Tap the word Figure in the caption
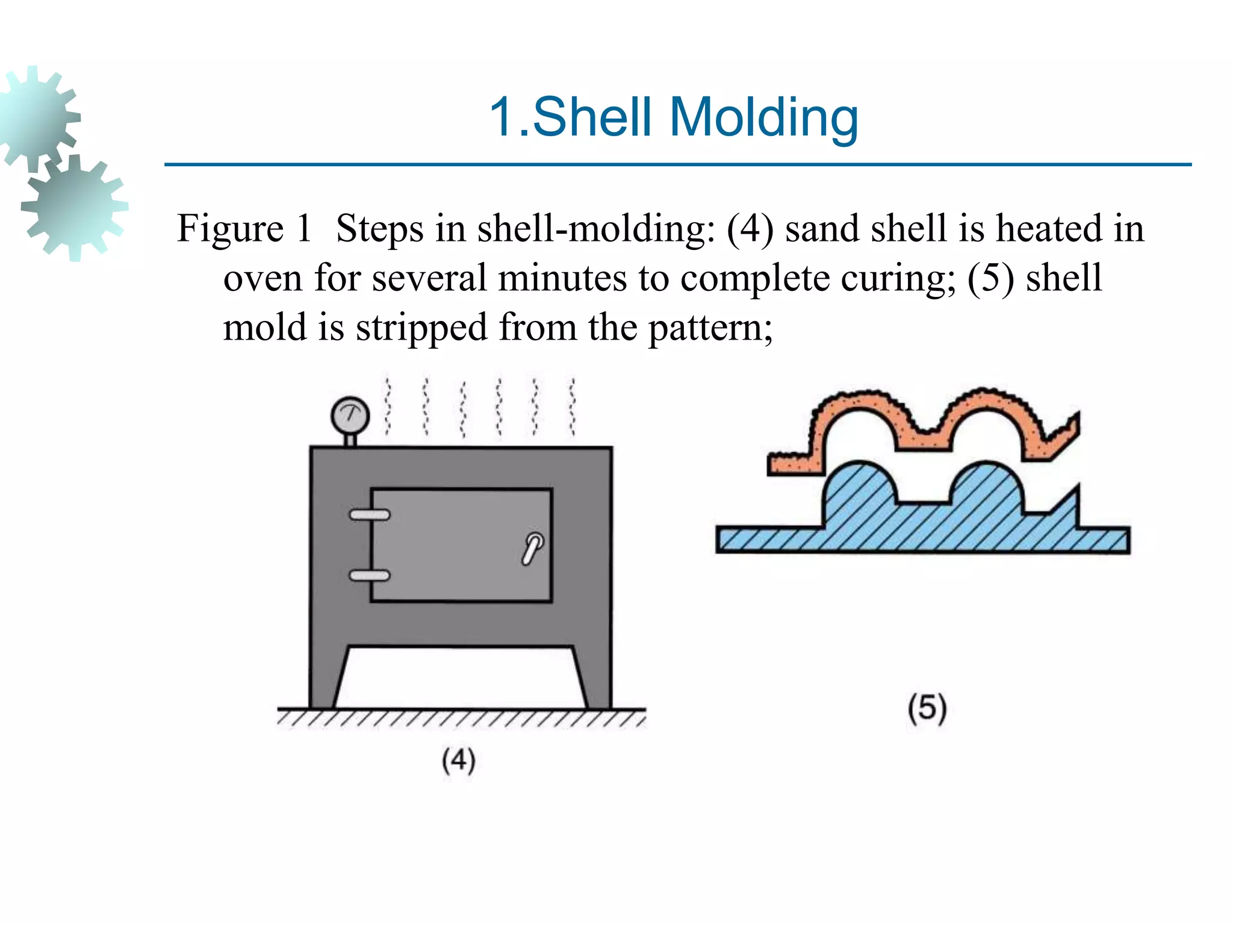tap(230, 229)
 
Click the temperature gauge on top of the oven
tap(350, 416)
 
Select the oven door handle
tap(532, 548)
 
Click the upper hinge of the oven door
tap(370, 515)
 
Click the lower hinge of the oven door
tap(370, 576)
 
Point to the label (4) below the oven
tap(459, 760)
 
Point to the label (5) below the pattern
tap(927, 708)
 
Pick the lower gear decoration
tap(75, 207)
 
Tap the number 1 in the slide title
tap(502, 117)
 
